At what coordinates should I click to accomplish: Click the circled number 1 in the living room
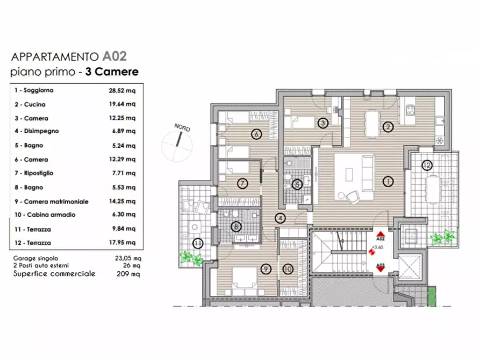pos(388,182)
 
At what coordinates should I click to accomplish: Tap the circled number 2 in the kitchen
pos(388,127)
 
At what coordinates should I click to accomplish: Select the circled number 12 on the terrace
pos(427,165)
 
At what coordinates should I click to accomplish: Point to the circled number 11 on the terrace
pos(198,244)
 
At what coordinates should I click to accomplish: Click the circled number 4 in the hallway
pos(280,218)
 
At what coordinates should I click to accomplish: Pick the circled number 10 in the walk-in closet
pos(288,269)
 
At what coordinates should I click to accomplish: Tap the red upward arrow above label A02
pos(380,234)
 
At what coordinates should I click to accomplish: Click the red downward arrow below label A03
pos(381,269)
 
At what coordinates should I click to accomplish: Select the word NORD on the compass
pos(182,127)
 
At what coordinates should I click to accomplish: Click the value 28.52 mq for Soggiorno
pos(122,91)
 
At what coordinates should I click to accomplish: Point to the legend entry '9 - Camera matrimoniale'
pos(52,201)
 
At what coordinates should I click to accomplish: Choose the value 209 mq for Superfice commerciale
pos(128,273)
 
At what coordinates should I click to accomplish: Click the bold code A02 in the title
pos(114,56)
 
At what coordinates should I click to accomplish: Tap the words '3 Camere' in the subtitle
pos(112,71)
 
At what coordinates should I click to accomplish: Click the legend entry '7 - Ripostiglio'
pos(34,173)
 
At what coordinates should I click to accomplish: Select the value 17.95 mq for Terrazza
pos(122,242)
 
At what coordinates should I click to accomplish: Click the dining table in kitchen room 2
pos(371,124)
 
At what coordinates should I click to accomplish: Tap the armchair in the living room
pos(353,197)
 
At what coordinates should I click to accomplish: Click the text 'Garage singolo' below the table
pos(35,258)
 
